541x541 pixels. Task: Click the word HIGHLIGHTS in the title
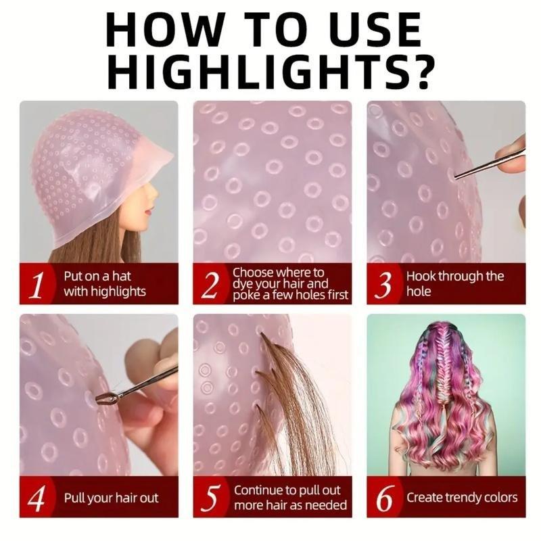254,70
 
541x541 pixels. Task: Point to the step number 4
38,498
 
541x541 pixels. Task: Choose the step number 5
210,498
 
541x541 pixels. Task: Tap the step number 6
384,498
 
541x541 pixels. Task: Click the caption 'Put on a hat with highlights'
105,284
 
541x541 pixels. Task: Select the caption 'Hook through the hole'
455,284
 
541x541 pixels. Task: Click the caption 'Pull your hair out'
111,498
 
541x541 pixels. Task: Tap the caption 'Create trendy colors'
462,498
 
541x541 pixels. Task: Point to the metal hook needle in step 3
487,165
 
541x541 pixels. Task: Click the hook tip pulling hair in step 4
105,398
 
